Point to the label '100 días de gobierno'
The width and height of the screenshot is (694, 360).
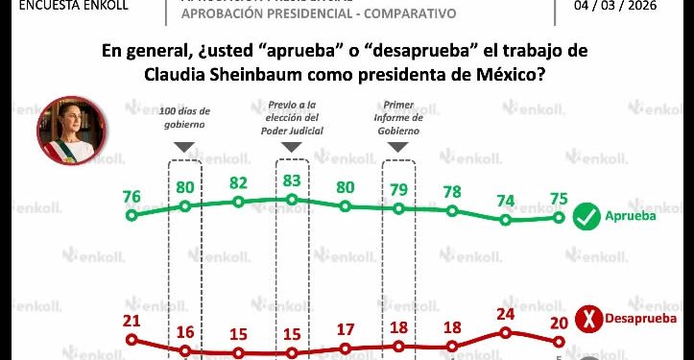tap(183, 118)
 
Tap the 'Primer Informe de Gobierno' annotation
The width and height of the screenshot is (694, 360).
tap(397, 118)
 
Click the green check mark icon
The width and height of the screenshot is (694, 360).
tap(586, 218)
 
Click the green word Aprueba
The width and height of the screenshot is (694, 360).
tap(630, 218)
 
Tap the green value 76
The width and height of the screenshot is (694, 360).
tap(132, 197)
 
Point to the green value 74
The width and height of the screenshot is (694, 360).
tap(506, 201)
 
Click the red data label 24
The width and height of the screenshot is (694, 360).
tap(506, 313)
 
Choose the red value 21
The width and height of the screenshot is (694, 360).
tap(132, 321)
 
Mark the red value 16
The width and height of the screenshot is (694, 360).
tap(184, 332)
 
